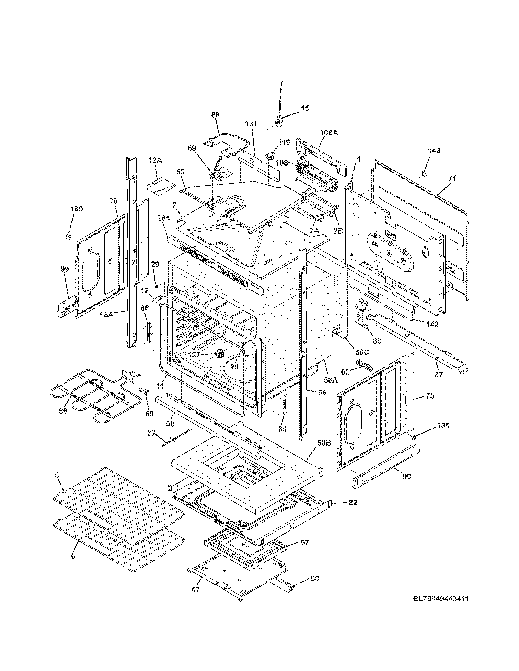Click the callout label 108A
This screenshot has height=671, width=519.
click(x=329, y=133)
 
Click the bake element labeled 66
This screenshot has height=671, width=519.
click(x=92, y=395)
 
